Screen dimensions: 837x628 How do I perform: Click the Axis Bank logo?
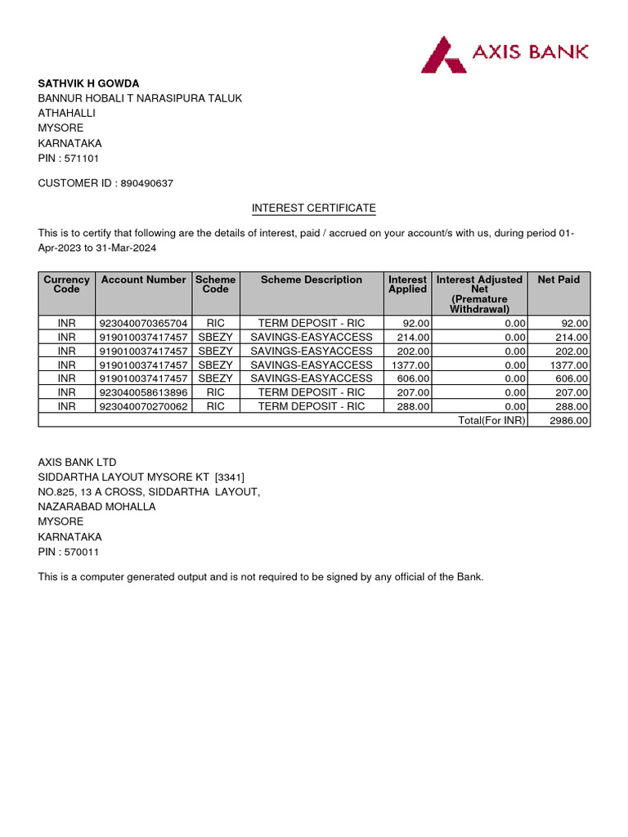[x=504, y=53]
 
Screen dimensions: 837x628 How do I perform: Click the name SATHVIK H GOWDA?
[x=88, y=83]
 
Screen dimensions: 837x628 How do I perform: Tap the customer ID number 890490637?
[x=146, y=184]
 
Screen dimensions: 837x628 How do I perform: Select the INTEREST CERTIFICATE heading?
[x=313, y=208]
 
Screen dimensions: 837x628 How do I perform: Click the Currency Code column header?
[x=66, y=284]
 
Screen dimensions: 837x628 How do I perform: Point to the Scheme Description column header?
[x=311, y=280]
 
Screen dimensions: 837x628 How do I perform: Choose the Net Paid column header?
[x=558, y=280]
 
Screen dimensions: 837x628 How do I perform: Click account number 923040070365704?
[x=143, y=324]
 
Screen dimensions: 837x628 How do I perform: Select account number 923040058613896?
[x=143, y=392]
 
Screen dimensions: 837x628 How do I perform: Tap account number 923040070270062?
[x=143, y=406]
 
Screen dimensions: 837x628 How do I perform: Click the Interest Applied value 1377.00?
[x=410, y=365]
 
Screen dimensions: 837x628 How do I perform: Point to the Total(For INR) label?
[x=491, y=420]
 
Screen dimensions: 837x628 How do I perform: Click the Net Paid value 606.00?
[x=571, y=378]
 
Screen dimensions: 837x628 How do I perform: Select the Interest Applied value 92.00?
[x=416, y=324]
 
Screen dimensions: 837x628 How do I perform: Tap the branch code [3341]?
[x=229, y=477]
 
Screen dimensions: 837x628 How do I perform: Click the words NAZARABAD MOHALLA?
[x=96, y=507]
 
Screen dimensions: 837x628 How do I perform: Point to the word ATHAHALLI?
[x=67, y=114]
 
